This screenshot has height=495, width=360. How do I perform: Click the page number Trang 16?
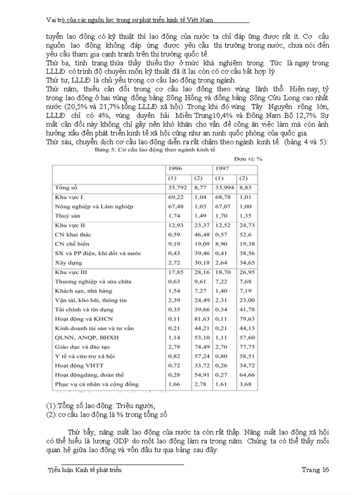(315, 470)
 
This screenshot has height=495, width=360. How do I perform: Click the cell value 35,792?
(176, 188)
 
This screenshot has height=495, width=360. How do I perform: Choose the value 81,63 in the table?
(202, 319)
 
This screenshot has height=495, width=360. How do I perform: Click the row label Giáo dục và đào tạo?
(80, 347)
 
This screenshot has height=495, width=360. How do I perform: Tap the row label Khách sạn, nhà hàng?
(83, 291)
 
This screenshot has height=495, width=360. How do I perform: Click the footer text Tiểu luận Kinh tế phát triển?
(85, 470)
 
